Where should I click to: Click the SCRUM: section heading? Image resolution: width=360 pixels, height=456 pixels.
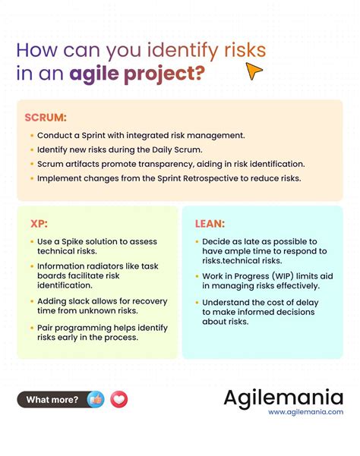pyautogui.click(x=46, y=118)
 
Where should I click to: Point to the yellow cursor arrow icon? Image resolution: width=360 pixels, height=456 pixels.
pyautogui.click(x=254, y=71)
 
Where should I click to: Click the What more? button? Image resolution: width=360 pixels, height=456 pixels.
pyautogui.click(x=52, y=399)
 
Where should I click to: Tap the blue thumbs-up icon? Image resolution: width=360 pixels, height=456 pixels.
pyautogui.click(x=96, y=399)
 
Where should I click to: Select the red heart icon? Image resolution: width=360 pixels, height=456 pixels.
pyautogui.click(x=118, y=399)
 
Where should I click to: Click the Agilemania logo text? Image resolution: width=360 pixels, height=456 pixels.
pyautogui.click(x=283, y=397)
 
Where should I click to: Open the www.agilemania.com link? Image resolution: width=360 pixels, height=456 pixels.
pyautogui.click(x=305, y=412)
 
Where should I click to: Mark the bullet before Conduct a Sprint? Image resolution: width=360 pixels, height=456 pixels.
pyautogui.click(x=30, y=135)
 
